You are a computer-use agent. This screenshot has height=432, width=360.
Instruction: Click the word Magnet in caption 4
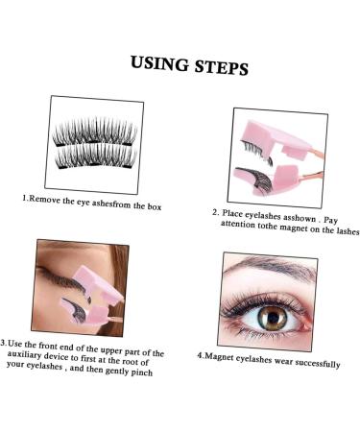tap(222, 357)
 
